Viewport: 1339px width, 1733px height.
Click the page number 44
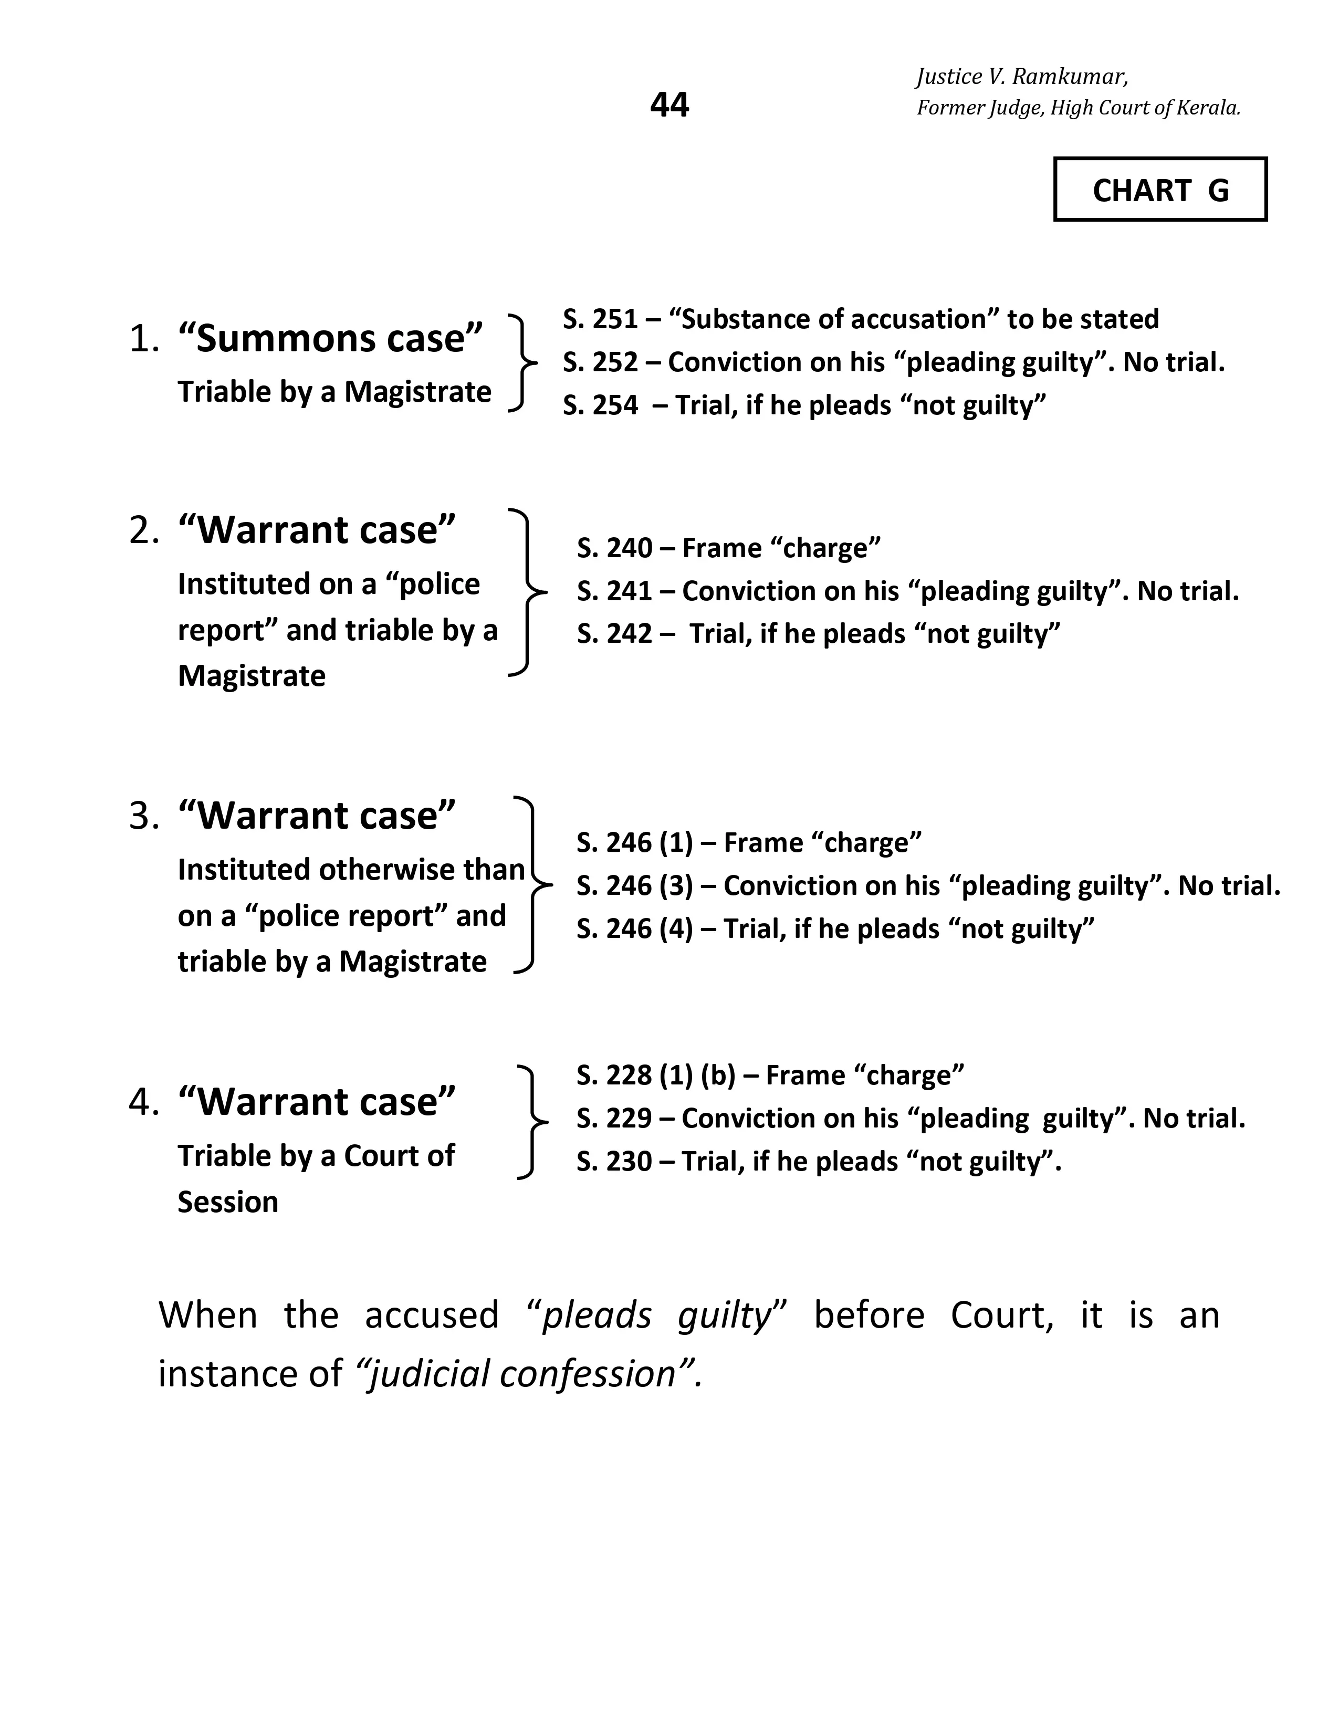[x=669, y=104]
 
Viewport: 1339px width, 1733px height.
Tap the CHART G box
[x=1160, y=190]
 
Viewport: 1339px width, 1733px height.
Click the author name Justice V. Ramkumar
[x=1022, y=77]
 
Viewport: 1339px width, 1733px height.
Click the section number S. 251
[x=601, y=319]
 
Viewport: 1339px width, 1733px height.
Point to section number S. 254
[x=601, y=405]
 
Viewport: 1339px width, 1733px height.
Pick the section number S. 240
[x=615, y=548]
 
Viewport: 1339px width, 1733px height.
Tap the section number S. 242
[x=615, y=633]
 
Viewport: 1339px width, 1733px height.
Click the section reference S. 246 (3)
[x=635, y=885]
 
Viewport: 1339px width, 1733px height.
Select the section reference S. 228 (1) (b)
[x=656, y=1075]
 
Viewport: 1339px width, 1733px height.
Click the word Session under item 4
[x=228, y=1202]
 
